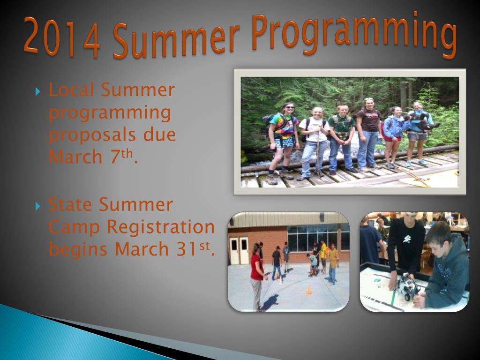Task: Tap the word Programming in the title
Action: [x=354, y=35]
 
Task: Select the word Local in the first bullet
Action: [x=71, y=90]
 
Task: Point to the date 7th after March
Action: [x=121, y=156]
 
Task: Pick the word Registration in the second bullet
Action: [x=160, y=227]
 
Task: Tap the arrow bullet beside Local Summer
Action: [x=37, y=91]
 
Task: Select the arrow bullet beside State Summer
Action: [x=37, y=206]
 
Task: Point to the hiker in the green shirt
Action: [x=341, y=139]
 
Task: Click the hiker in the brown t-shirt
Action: [x=368, y=134]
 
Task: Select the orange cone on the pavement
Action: [x=309, y=290]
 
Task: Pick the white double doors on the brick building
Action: [x=240, y=250]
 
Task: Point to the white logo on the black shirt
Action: [x=406, y=239]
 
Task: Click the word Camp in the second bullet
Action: [x=74, y=227]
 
